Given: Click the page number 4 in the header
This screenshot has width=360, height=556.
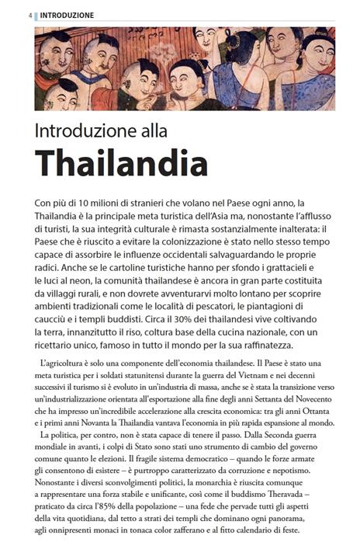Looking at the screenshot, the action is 29,15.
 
